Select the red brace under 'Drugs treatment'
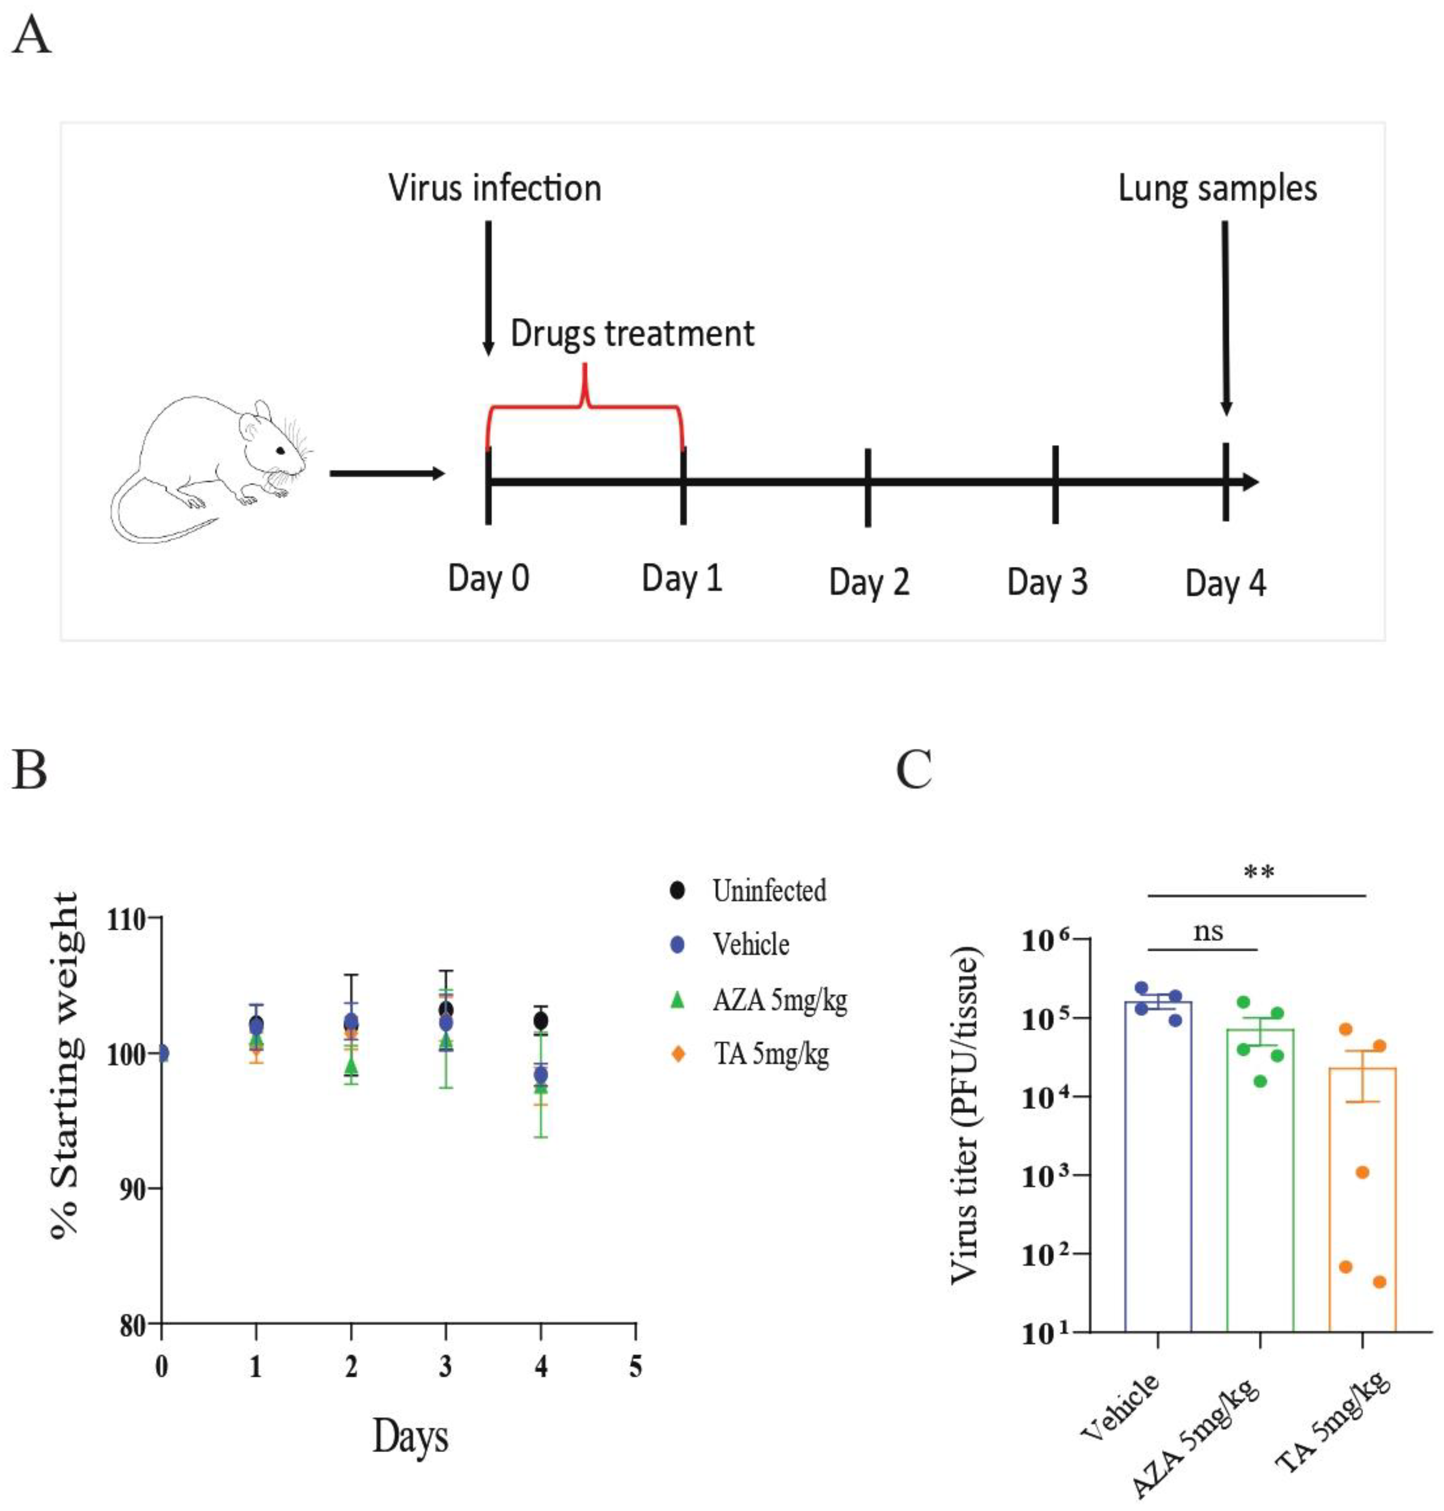click(x=585, y=404)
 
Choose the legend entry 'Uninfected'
click(x=768, y=891)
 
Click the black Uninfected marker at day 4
click(x=541, y=1021)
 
